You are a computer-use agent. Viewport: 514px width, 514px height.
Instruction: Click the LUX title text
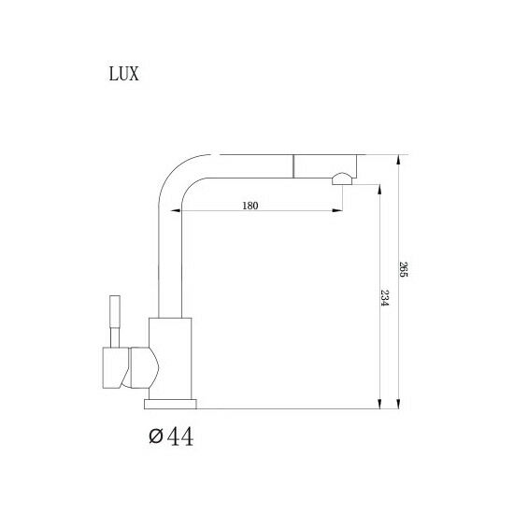(x=124, y=74)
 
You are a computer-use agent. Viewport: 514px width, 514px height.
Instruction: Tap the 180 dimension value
(x=250, y=206)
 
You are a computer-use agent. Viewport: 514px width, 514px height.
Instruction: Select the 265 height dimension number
(x=403, y=269)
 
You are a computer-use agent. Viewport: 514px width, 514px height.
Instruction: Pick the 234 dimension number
(x=384, y=297)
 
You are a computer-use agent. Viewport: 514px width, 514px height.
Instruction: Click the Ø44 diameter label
(x=171, y=436)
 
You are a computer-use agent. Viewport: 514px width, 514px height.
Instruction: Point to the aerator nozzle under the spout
(x=343, y=179)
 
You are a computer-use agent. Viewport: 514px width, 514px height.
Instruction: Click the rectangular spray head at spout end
(x=325, y=165)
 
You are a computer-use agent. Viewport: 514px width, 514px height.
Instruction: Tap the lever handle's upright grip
(x=115, y=311)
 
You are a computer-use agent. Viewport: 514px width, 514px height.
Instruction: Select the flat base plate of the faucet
(x=170, y=404)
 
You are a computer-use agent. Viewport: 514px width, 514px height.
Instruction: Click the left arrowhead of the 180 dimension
(x=176, y=211)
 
